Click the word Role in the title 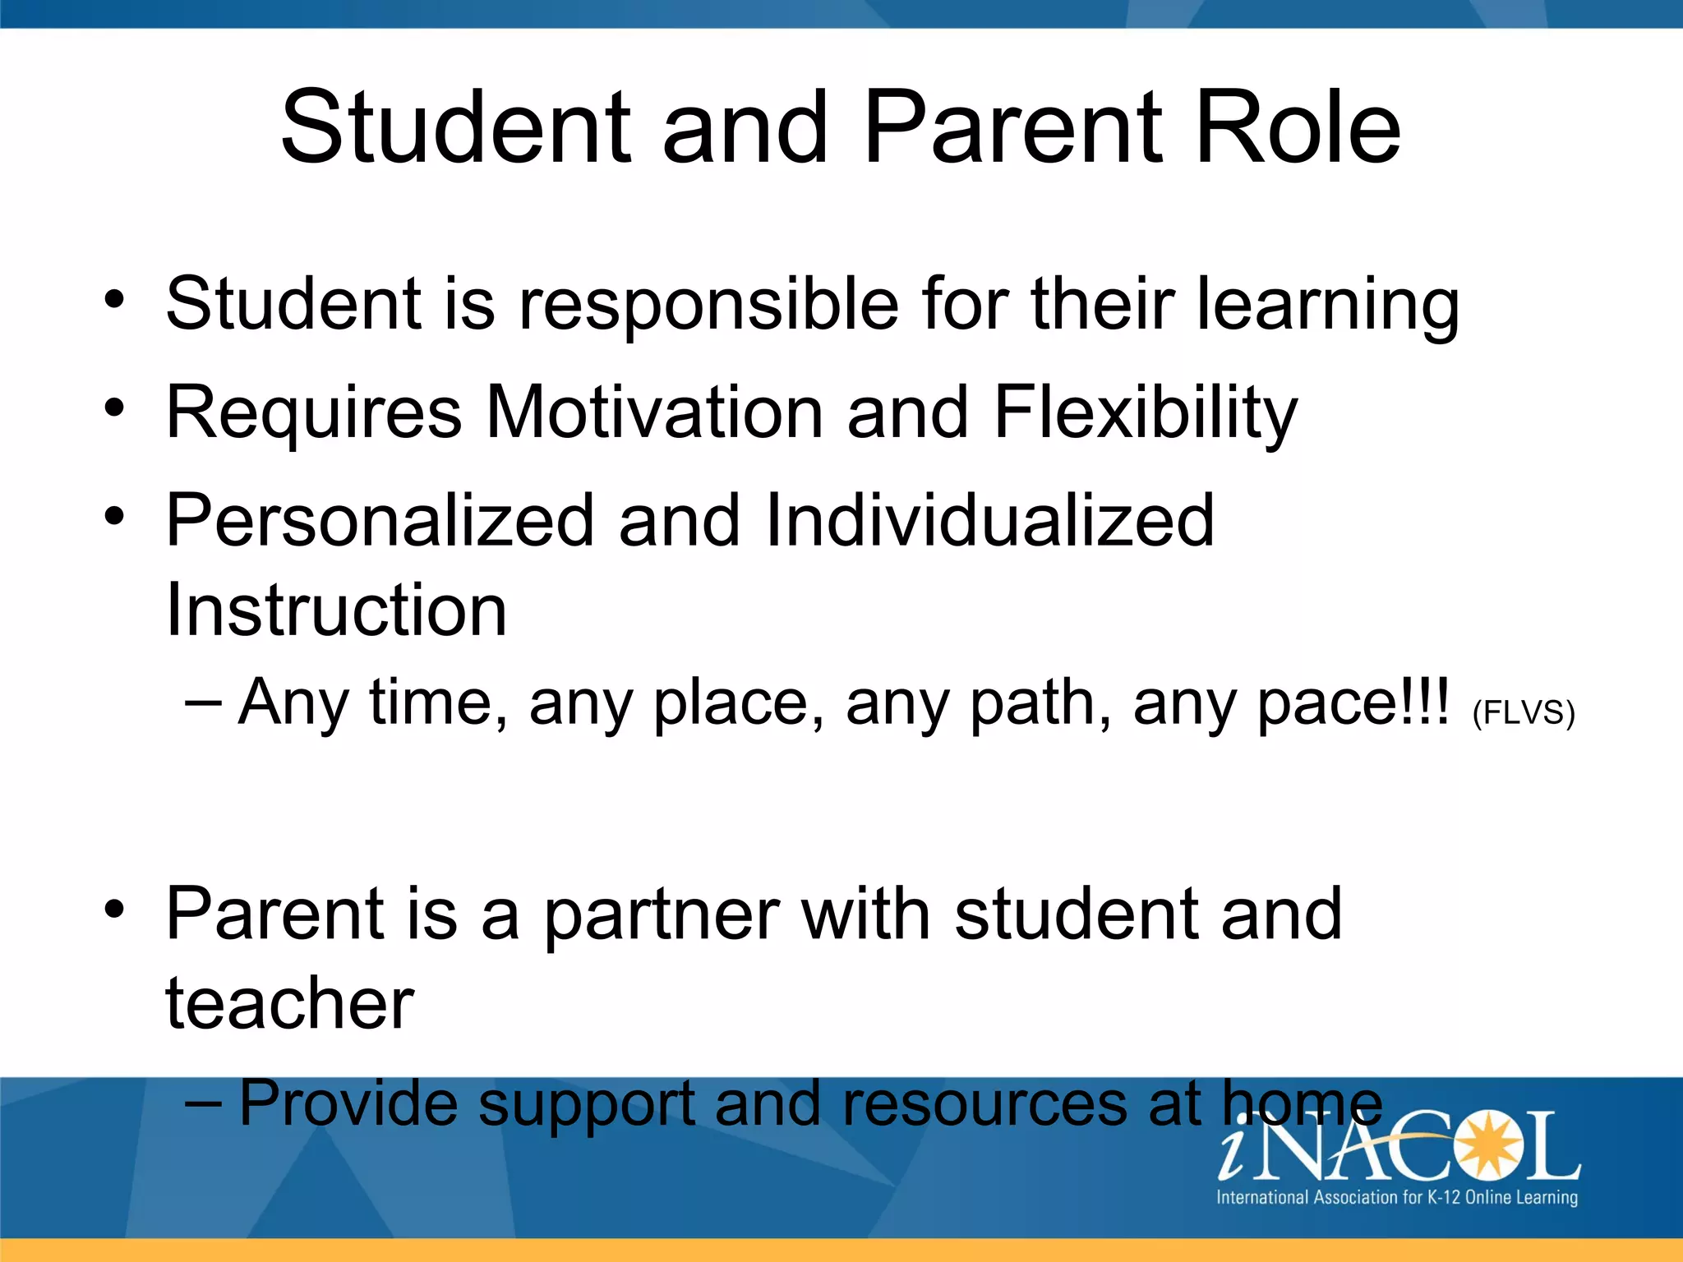1298,127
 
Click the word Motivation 654,412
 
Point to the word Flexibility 1146,413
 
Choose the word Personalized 380,520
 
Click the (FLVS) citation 1523,712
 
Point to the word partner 661,916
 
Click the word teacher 289,1003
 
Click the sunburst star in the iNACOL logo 1484,1145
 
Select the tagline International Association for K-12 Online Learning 1396,1197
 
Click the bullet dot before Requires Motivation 114,408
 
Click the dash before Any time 203,703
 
